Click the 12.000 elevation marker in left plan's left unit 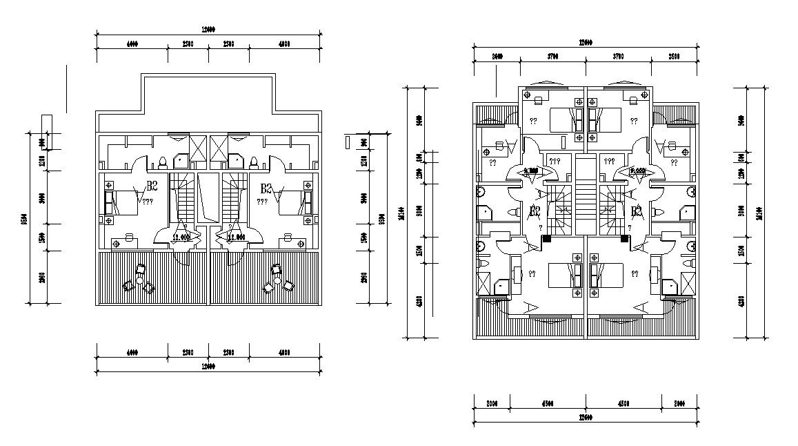181,237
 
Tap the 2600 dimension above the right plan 496,57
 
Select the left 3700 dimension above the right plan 552,57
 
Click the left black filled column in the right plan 547,240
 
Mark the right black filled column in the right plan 624,240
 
